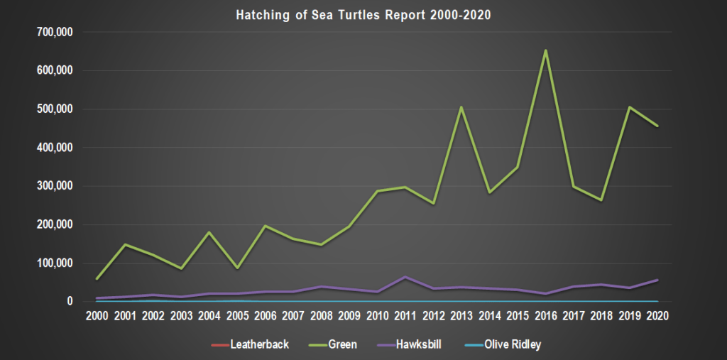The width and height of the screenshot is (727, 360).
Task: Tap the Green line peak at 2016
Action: (x=545, y=50)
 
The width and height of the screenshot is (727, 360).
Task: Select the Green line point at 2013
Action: (x=461, y=107)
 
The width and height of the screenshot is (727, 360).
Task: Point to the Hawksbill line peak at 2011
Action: (x=405, y=277)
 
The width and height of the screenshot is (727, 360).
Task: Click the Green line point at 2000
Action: (x=97, y=278)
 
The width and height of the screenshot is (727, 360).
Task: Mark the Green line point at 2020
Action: (x=657, y=126)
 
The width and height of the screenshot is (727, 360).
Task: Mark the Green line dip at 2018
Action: (x=601, y=200)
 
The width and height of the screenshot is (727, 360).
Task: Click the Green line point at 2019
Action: (x=629, y=107)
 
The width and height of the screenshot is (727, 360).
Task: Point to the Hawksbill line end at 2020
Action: (x=657, y=280)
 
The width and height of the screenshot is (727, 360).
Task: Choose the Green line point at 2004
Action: (x=209, y=232)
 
